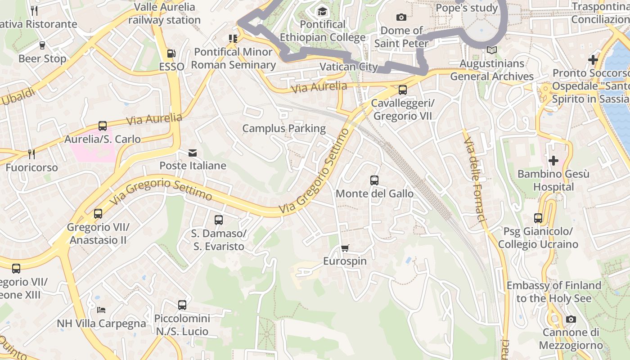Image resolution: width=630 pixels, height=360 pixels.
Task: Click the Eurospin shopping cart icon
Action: [345, 248]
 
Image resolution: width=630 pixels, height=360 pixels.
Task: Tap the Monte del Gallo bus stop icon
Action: [374, 180]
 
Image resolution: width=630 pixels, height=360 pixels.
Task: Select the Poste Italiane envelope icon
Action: [193, 153]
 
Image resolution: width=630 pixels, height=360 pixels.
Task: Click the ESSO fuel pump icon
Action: [171, 54]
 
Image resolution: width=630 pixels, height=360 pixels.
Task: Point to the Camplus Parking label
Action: [284, 129]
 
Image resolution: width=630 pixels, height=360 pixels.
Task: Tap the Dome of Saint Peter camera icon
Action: [401, 18]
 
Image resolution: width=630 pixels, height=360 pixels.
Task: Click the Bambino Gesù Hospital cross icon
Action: [553, 160]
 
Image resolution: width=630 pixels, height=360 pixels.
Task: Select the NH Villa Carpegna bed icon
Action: [101, 310]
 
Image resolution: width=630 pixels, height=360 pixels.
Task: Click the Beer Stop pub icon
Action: [42, 45]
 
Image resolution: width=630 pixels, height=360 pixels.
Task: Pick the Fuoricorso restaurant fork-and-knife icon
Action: [31, 154]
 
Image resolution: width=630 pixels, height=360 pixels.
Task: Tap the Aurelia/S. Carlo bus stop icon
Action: [103, 126]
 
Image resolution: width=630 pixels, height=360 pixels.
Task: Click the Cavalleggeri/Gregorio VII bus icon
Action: [403, 90]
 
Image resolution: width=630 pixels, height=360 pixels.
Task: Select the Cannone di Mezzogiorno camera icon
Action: [571, 319]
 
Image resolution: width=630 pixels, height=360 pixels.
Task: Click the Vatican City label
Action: [348, 67]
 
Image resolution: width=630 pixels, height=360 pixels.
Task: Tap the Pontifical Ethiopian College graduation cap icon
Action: [322, 11]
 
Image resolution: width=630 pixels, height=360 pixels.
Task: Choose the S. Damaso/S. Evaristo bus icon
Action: [219, 220]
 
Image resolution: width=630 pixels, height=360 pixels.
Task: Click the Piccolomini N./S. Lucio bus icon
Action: [182, 305]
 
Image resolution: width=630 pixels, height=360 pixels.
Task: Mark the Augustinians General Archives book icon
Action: [492, 50]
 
